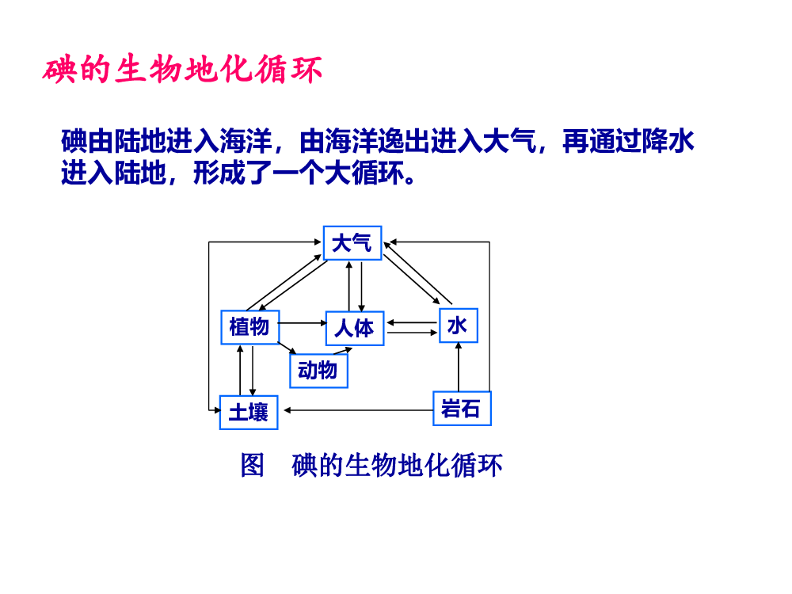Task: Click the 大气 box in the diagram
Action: point(352,243)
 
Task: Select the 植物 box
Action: point(250,327)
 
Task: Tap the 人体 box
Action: point(355,329)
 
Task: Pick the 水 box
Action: point(458,326)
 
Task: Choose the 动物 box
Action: point(318,371)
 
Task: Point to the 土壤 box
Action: point(249,412)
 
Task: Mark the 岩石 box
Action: point(462,408)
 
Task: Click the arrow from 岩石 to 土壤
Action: point(358,410)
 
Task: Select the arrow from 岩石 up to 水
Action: point(459,367)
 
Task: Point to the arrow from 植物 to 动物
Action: point(287,348)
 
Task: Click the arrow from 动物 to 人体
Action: point(342,351)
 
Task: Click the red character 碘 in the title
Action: point(59,70)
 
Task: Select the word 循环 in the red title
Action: point(288,70)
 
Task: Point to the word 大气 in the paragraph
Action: point(509,141)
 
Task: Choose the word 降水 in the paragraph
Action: point(668,141)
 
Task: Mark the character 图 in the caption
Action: point(252,465)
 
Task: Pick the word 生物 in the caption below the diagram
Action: point(370,465)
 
